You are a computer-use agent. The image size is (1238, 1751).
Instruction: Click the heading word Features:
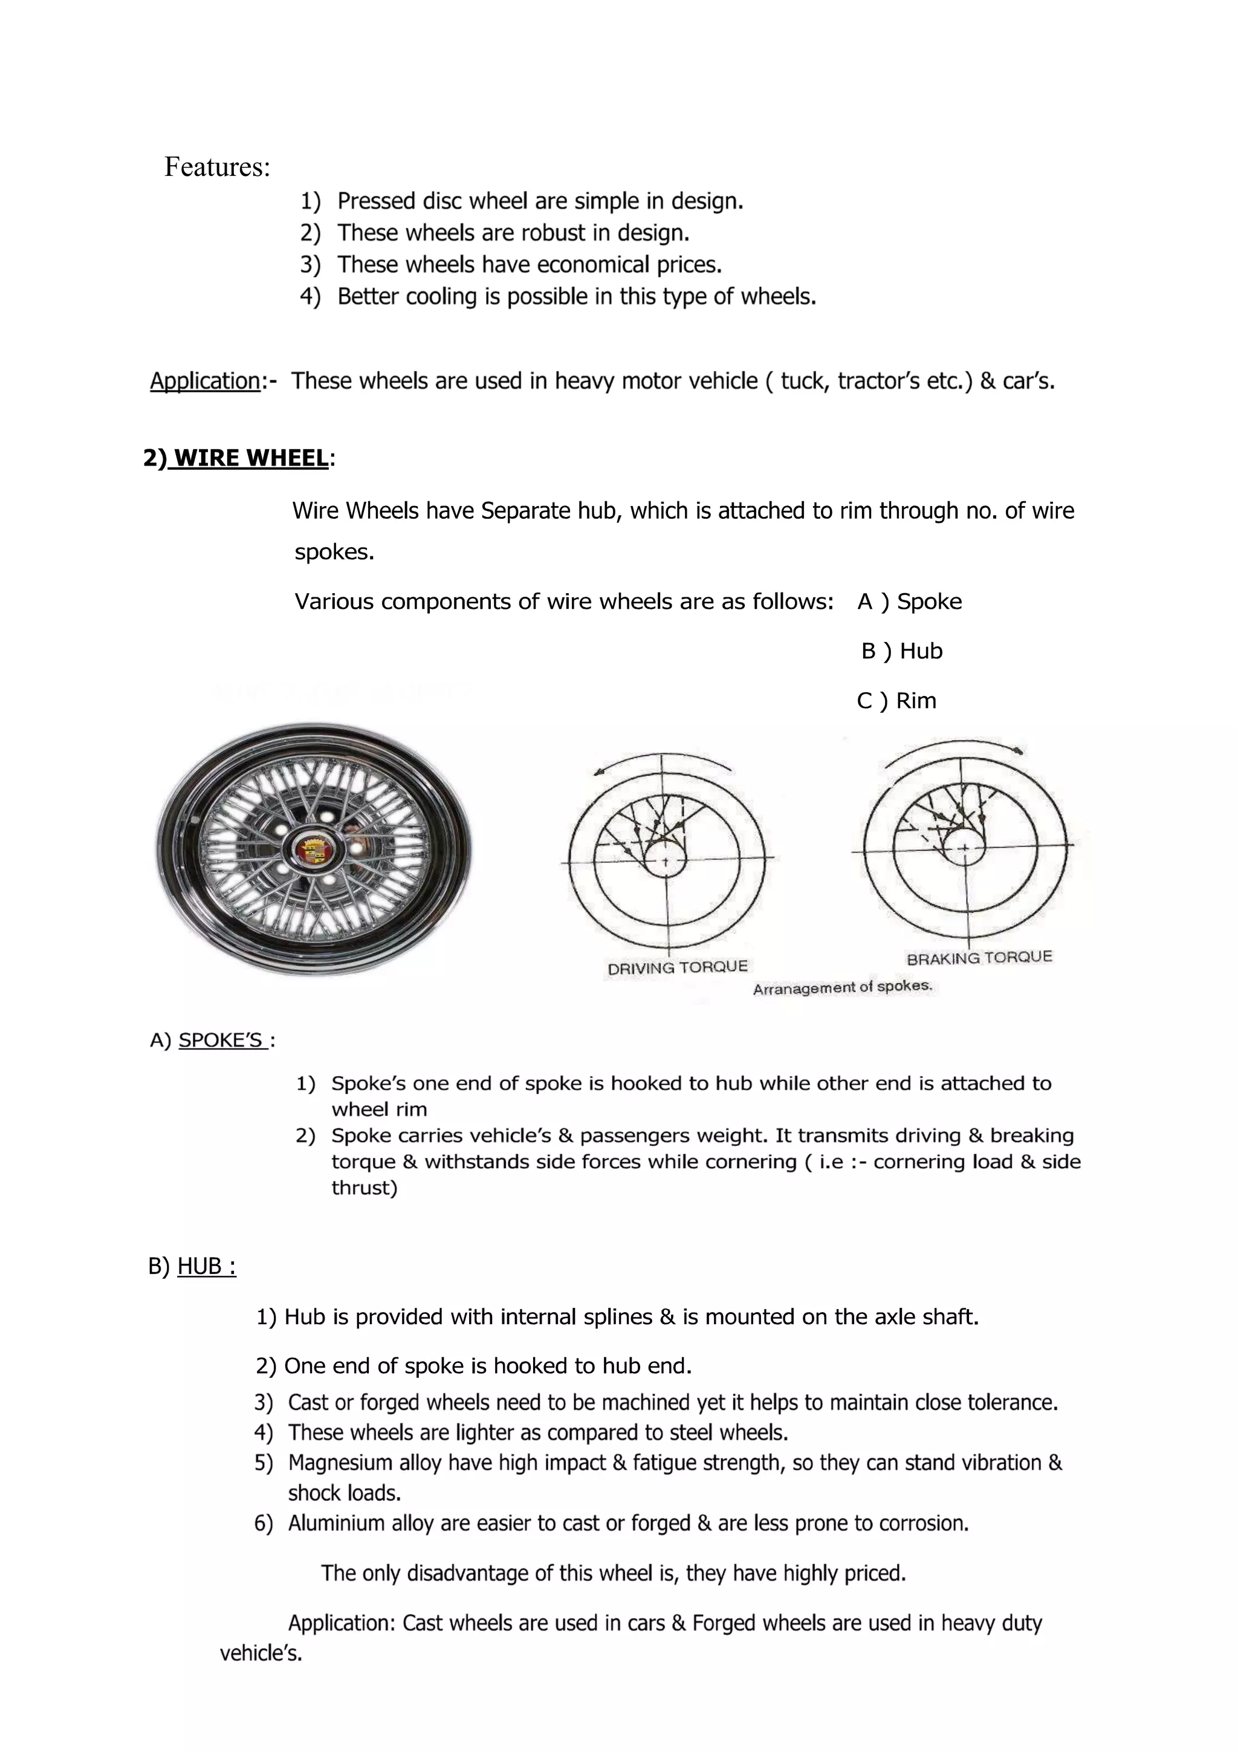[217, 167]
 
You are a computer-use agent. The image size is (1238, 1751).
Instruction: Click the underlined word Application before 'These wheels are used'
[204, 380]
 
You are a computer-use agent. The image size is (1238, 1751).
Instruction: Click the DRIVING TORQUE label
[677, 967]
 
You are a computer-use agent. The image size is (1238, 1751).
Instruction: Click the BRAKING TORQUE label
[979, 957]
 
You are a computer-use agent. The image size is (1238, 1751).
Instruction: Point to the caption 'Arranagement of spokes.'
[842, 987]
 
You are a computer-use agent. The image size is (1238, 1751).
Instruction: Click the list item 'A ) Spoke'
[909, 602]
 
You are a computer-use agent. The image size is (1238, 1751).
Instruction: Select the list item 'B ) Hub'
[901, 651]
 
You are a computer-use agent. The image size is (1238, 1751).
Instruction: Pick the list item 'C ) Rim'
[896, 701]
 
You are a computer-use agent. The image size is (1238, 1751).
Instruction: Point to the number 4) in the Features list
[309, 297]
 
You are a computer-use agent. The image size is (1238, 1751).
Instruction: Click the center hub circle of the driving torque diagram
[665, 860]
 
